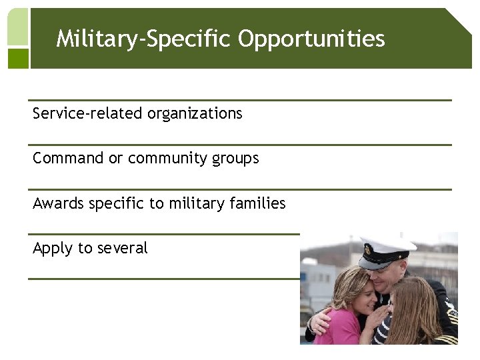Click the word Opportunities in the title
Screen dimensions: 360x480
click(x=311, y=39)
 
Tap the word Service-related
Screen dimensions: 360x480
click(x=88, y=114)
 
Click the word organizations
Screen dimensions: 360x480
click(x=195, y=114)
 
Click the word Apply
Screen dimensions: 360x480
click(x=53, y=249)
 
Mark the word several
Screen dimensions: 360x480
click(x=122, y=248)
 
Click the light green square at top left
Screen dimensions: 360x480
click(x=18, y=27)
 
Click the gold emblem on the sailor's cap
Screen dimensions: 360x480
click(x=369, y=251)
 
